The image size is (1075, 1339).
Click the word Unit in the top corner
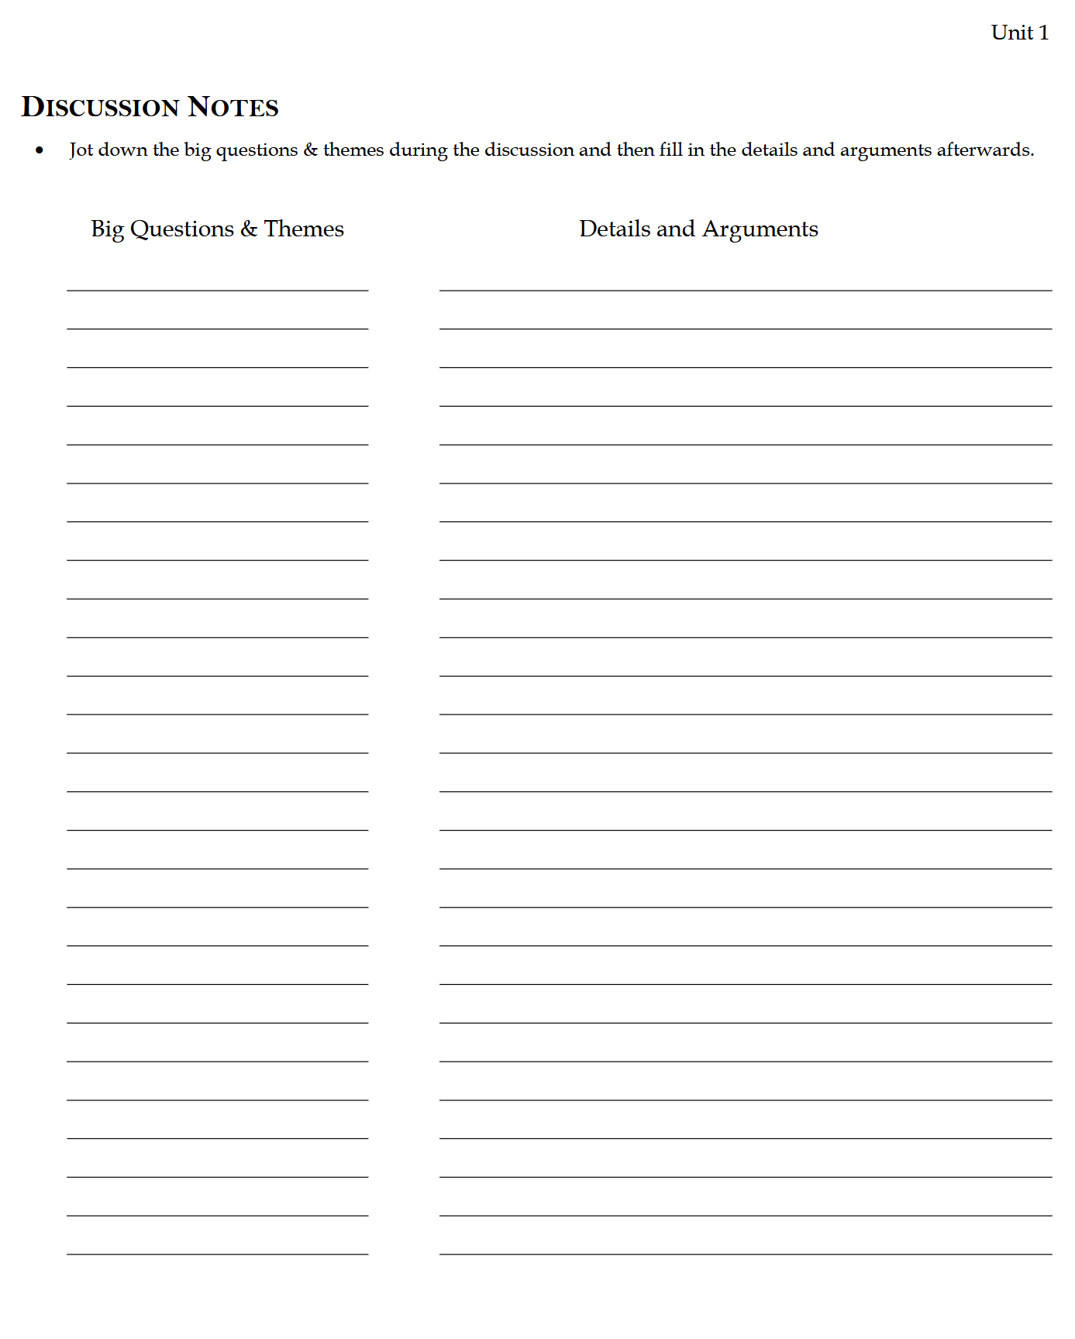(1011, 33)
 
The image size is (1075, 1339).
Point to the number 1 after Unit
(1044, 33)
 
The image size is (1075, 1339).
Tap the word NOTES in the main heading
(233, 107)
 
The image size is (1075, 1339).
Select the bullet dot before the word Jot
(40, 150)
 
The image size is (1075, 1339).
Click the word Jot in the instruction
(81, 150)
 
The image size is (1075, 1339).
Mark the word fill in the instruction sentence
(670, 150)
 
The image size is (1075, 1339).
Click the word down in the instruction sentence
(122, 150)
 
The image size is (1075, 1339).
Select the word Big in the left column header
(107, 229)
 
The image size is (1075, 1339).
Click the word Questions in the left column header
(182, 229)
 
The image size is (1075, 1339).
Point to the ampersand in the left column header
(249, 229)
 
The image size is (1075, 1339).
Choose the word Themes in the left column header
(304, 229)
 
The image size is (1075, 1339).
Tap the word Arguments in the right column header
(760, 229)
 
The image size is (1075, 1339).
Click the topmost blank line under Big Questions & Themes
(217, 291)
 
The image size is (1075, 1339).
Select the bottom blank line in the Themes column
(217, 1254)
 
